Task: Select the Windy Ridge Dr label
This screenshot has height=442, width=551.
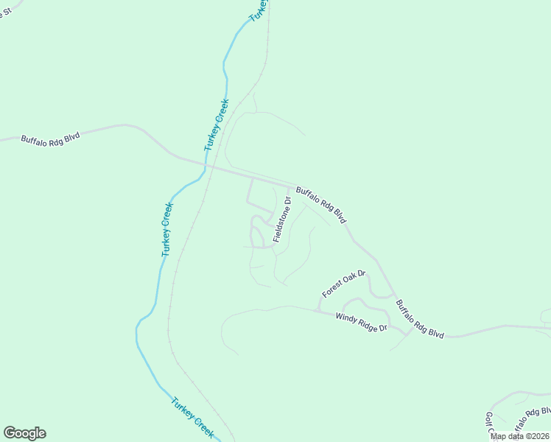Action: pos(361,322)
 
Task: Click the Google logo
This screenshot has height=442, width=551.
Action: pos(24,433)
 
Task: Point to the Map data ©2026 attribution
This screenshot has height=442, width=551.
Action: pos(520,436)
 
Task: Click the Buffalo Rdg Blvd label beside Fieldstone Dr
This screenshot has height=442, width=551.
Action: pos(320,205)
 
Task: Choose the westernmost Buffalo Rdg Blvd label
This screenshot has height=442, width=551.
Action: pos(50,138)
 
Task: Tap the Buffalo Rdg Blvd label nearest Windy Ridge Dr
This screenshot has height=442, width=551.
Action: pos(420,318)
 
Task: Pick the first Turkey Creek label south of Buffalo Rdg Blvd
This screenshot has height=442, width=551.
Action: pos(166,229)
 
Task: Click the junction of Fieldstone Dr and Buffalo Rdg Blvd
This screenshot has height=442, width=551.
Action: pos(288,186)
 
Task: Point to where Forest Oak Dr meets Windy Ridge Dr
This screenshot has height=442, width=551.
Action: pos(318,310)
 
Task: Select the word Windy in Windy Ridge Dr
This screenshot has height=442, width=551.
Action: pos(345,318)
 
